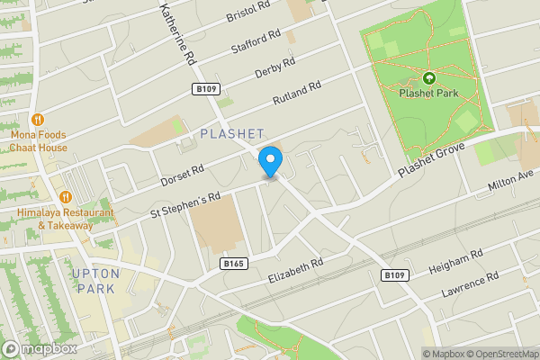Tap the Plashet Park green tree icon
[428, 78]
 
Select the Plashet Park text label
[429, 93]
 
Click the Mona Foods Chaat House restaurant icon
[38, 119]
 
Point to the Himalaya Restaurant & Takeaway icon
[65, 197]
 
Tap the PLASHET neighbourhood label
[231, 133]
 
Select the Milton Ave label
[510, 179]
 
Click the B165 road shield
[234, 263]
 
